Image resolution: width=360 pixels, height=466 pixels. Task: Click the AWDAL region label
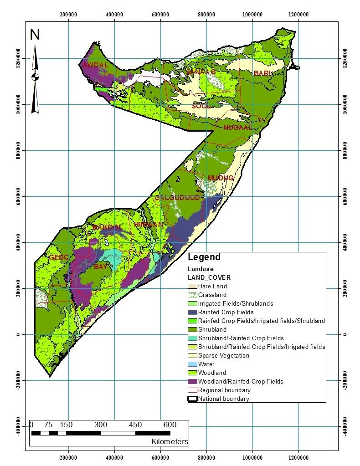(95, 65)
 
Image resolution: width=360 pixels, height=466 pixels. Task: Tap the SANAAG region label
(201, 72)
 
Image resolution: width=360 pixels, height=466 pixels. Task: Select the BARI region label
(262, 73)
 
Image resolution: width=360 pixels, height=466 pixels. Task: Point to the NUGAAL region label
(237, 128)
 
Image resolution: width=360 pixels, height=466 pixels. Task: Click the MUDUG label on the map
(220, 178)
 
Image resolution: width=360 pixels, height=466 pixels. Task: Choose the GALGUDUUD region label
(171, 198)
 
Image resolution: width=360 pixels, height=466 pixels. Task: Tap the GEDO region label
(58, 257)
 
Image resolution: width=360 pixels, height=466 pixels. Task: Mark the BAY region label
(100, 267)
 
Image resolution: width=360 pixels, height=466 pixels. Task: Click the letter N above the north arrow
(35, 35)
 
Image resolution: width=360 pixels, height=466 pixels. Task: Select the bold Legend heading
(204, 257)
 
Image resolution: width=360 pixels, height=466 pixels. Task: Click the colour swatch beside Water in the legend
(192, 364)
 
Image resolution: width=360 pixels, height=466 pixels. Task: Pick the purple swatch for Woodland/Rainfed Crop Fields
(192, 381)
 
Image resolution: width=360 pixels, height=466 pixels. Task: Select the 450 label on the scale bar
(135, 425)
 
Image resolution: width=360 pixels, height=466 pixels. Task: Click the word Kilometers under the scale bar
(170, 441)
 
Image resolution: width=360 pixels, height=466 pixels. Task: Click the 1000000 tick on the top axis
(252, 14)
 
